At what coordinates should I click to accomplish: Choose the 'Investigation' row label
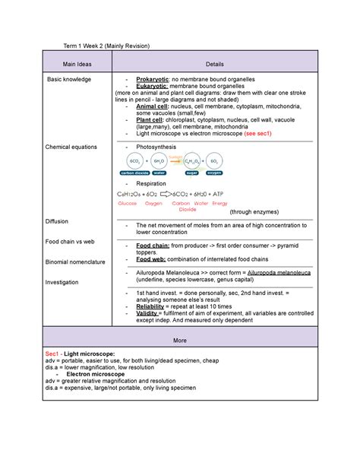(x=62, y=282)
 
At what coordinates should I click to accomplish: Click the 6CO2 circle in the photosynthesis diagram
(x=135, y=162)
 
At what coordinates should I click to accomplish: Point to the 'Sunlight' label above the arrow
(x=176, y=155)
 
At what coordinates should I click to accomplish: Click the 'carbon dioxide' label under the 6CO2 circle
(x=135, y=173)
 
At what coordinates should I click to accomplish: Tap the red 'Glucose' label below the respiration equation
(x=128, y=204)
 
